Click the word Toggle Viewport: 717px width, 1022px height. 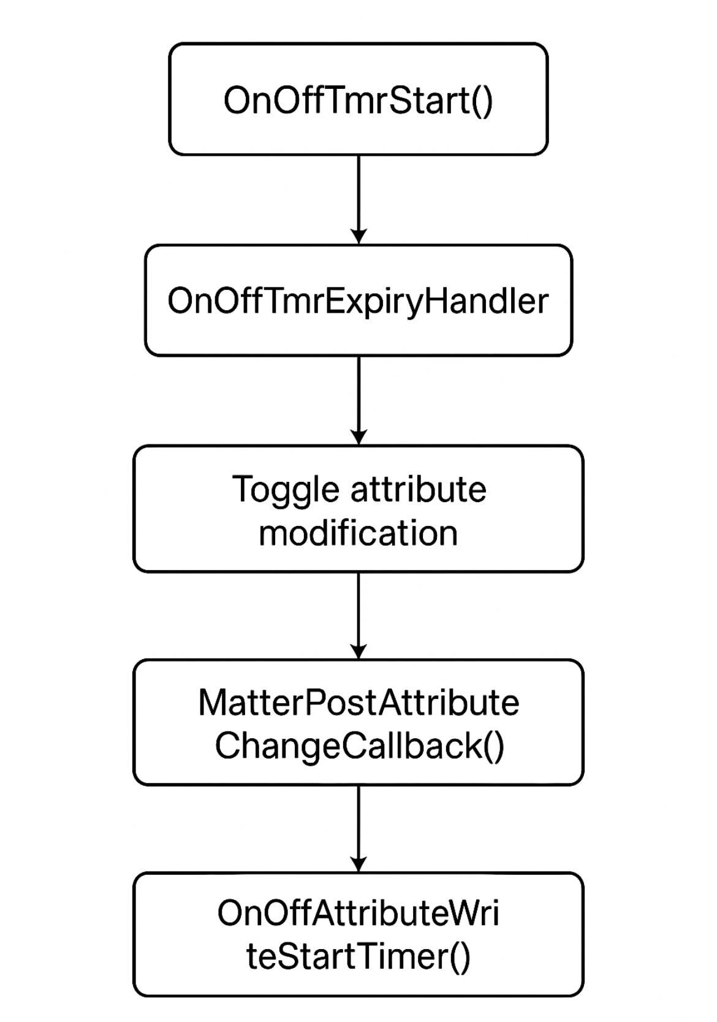pos(286,490)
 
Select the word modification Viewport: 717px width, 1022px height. pos(358,533)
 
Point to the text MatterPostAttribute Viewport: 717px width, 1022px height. pos(358,702)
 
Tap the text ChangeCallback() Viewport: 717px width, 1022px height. pos(359,746)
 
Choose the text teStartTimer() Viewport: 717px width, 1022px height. pos(358,956)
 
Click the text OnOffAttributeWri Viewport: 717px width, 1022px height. pos(358,913)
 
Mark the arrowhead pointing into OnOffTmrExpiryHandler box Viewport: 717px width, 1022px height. pos(358,237)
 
